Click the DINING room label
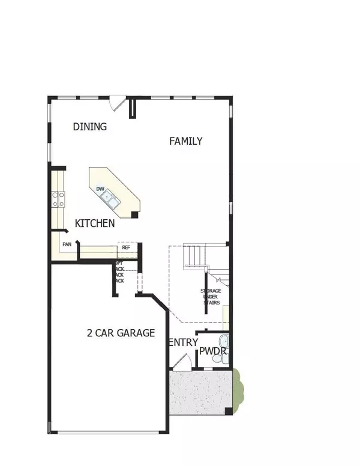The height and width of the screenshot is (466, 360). tap(89, 127)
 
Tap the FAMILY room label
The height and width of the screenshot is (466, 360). tap(185, 142)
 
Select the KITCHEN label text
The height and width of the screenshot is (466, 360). tap(95, 223)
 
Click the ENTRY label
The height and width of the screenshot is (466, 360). tap(182, 342)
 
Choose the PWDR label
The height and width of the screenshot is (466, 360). tap(212, 351)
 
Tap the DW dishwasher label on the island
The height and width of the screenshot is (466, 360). tap(101, 189)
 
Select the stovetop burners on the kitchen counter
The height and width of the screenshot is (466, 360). tap(58, 199)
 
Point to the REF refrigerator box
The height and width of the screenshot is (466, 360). tap(127, 247)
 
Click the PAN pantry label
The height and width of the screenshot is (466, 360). tap(67, 244)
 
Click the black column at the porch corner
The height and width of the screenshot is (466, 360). tap(228, 411)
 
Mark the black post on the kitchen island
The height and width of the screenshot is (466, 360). tap(135, 214)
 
